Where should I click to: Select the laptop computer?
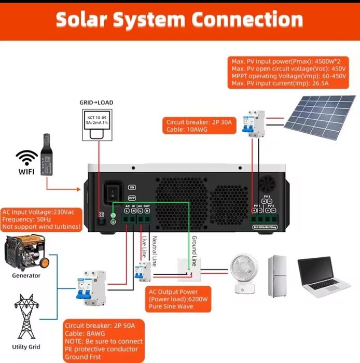[x=324, y=276]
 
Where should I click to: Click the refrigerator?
[x=277, y=276]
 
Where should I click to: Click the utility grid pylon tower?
[x=25, y=317]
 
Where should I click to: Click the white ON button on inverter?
[x=132, y=187]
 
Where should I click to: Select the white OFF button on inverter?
[x=132, y=198]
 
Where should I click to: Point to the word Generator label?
[x=26, y=275]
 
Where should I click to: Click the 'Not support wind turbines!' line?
[x=41, y=227]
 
